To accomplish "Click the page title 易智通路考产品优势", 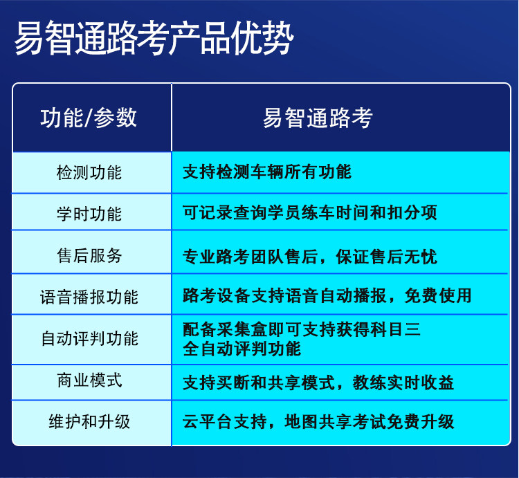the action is coord(154,38).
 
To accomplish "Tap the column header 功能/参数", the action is coord(89,118).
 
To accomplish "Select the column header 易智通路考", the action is coord(318,118).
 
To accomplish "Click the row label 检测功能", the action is coord(89,172).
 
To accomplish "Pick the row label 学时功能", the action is coord(89,214).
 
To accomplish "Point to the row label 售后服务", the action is coord(89,255).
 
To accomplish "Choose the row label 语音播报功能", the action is coord(89,297).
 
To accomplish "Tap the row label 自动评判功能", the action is coord(89,338).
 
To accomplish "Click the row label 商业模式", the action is coord(89,380).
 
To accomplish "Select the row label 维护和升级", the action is coord(89,421).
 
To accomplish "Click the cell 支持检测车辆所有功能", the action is coord(267,172).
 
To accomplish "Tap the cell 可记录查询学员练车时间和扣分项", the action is coord(310,212).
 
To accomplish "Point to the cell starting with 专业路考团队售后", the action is coord(310,257).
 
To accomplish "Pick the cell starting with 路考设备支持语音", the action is coord(327,295).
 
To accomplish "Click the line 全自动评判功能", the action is coord(242,349).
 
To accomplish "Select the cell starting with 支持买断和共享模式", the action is coord(318,383).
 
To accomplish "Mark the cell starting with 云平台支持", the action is coord(318,421).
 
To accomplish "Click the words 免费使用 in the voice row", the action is coord(437,295).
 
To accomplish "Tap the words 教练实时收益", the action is coord(403,383).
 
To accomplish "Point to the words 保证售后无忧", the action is coord(387,257).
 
